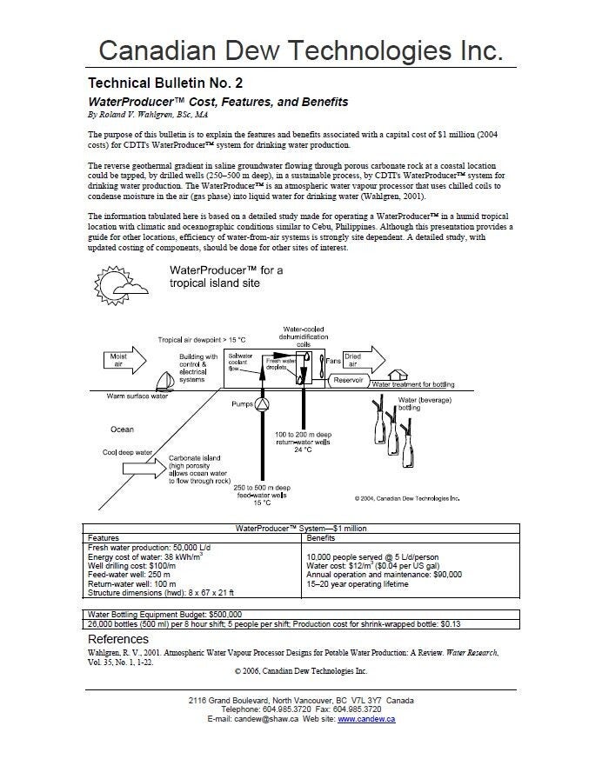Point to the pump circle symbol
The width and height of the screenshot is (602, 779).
(262, 404)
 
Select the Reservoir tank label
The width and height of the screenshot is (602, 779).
(347, 380)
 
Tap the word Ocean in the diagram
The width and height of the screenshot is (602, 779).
(122, 429)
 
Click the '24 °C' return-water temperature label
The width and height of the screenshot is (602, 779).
(303, 449)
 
